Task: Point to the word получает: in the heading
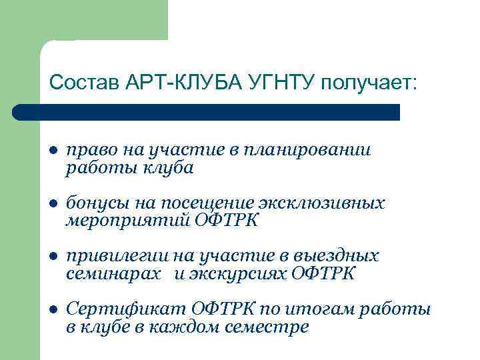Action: pyautogui.click(x=369, y=83)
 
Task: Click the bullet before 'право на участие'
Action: pyautogui.click(x=53, y=151)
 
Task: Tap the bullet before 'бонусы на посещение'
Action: pyautogui.click(x=53, y=203)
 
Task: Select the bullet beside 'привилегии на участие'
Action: pyautogui.click(x=53, y=256)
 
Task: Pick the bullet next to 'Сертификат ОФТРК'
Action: pyautogui.click(x=53, y=310)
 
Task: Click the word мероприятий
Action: pyautogui.click(x=127, y=220)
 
